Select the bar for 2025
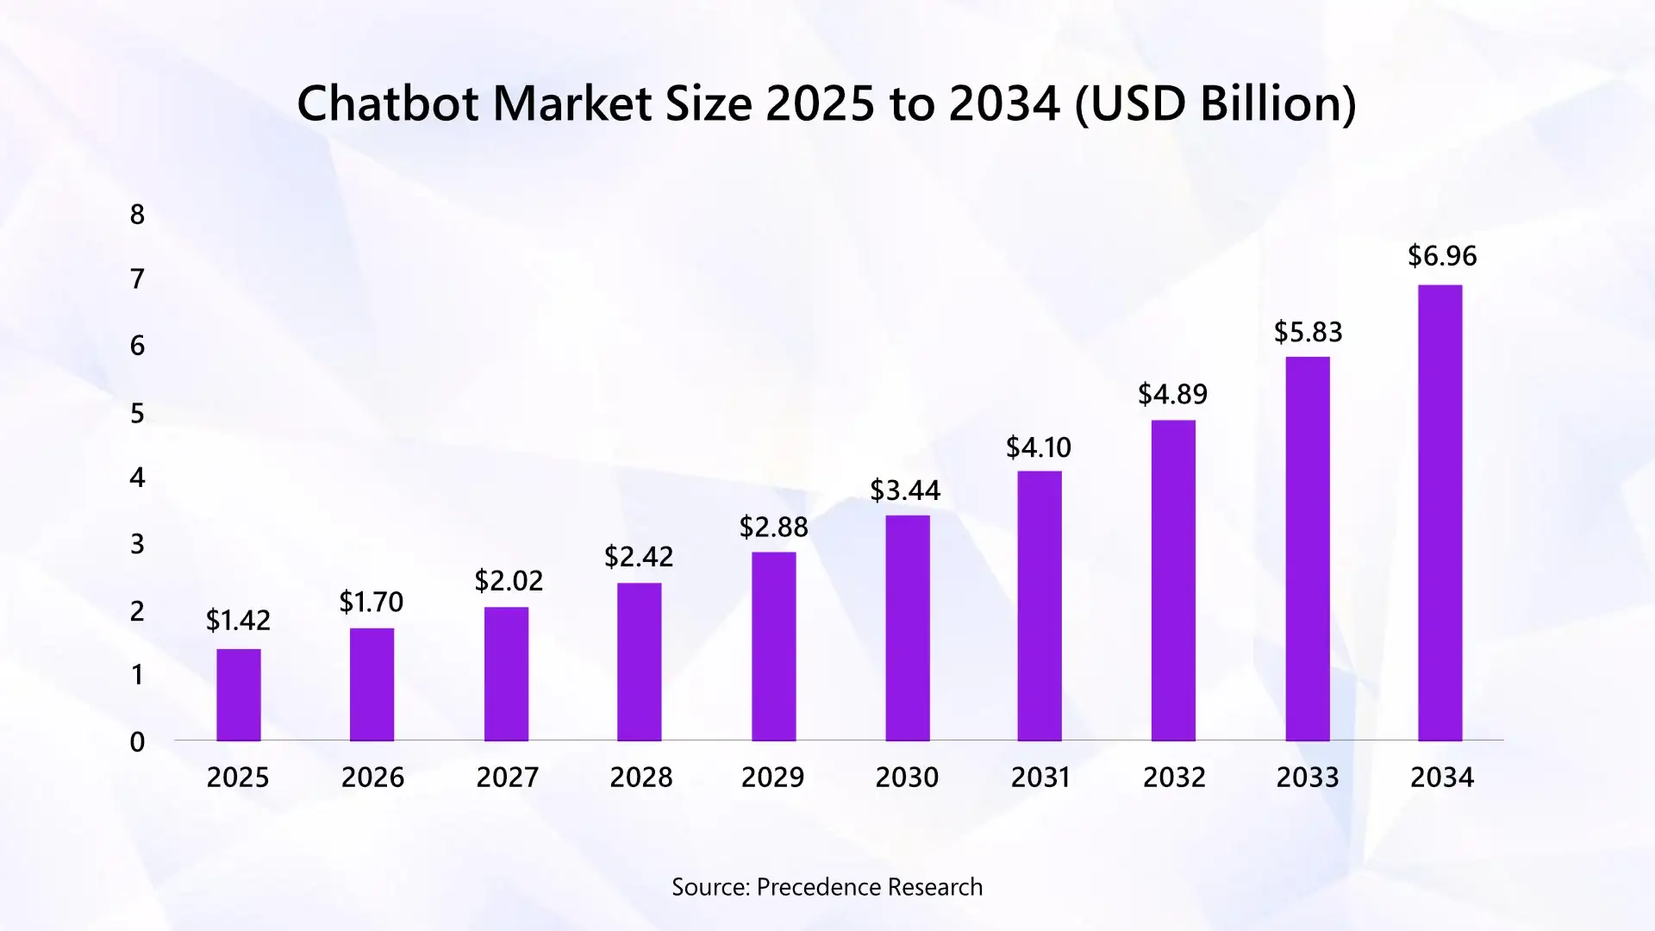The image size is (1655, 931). (238, 695)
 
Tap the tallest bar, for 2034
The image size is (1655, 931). (1440, 513)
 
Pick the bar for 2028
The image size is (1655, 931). (639, 662)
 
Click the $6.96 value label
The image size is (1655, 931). (1442, 256)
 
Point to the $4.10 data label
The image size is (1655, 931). (1039, 447)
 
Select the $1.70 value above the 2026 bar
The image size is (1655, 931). (371, 602)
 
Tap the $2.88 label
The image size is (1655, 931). (773, 527)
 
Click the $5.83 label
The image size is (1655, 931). (1308, 332)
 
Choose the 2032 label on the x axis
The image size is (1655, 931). (1174, 778)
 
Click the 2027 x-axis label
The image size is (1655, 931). (507, 778)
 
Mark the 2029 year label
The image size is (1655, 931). (772, 778)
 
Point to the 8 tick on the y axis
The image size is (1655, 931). (137, 215)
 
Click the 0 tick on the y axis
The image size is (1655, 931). (137, 742)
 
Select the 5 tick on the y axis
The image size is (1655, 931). (137, 414)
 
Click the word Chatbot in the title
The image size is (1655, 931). (387, 103)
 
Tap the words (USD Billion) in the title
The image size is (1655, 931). (1215, 103)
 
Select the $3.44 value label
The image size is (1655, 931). (905, 490)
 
